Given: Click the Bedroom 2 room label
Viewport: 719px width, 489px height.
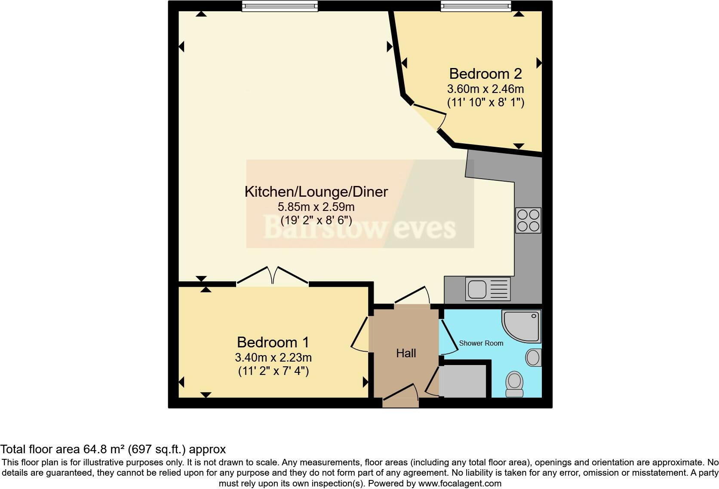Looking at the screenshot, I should pyautogui.click(x=485, y=74).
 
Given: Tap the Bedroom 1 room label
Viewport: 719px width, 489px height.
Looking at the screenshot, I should pyautogui.click(x=273, y=342).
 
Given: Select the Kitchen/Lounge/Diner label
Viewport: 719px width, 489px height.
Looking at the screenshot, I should pyautogui.click(x=316, y=192).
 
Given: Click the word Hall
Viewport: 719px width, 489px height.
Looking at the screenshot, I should pyautogui.click(x=406, y=353).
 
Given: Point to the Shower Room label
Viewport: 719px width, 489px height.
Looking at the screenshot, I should pyautogui.click(x=481, y=343).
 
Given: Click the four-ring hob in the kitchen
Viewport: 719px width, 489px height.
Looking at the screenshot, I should pyautogui.click(x=528, y=220).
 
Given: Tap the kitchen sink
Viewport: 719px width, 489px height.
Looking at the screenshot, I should pyautogui.click(x=488, y=288).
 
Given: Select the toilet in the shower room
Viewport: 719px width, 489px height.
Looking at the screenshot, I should pyautogui.click(x=514, y=384).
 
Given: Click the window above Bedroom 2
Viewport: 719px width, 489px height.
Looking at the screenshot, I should pyautogui.click(x=476, y=6).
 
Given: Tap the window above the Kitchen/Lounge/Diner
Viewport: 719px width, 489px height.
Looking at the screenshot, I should pyautogui.click(x=280, y=6).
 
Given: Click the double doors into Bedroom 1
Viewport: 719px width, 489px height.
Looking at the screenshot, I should pyautogui.click(x=273, y=276).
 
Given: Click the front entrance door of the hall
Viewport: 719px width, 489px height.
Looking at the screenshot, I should pyautogui.click(x=400, y=396).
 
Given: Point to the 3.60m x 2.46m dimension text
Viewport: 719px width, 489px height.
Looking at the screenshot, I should pyautogui.click(x=485, y=89).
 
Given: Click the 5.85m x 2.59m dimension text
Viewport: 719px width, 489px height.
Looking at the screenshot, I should pyautogui.click(x=316, y=207).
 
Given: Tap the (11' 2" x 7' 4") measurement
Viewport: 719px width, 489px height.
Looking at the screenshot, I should pyautogui.click(x=273, y=371).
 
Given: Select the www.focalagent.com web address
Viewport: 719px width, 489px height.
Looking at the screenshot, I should pyautogui.click(x=460, y=483).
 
